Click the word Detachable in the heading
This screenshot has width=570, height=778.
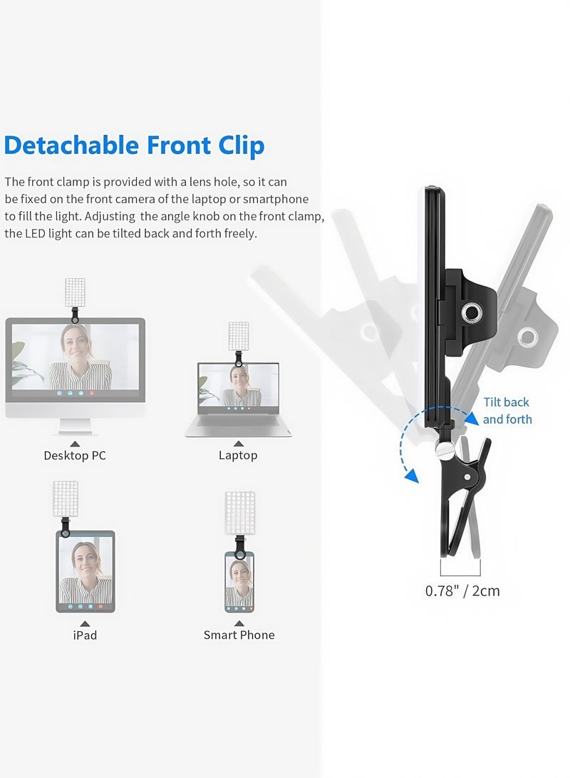coord(71,145)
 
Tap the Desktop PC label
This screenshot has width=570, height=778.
coord(75,455)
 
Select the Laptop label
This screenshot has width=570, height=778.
coord(238,455)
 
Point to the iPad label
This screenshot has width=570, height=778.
coord(85,635)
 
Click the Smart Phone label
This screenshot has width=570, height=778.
coord(239,635)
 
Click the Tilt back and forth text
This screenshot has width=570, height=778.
coord(507,411)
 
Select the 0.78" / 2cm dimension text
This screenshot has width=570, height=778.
coord(462,590)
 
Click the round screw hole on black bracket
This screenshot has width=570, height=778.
coord(470,311)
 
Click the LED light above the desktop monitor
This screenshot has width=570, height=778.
coord(74,292)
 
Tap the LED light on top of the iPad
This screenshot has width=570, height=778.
coord(66,499)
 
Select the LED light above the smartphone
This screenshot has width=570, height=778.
coord(239,510)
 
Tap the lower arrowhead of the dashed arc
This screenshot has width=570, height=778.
coord(411,476)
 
